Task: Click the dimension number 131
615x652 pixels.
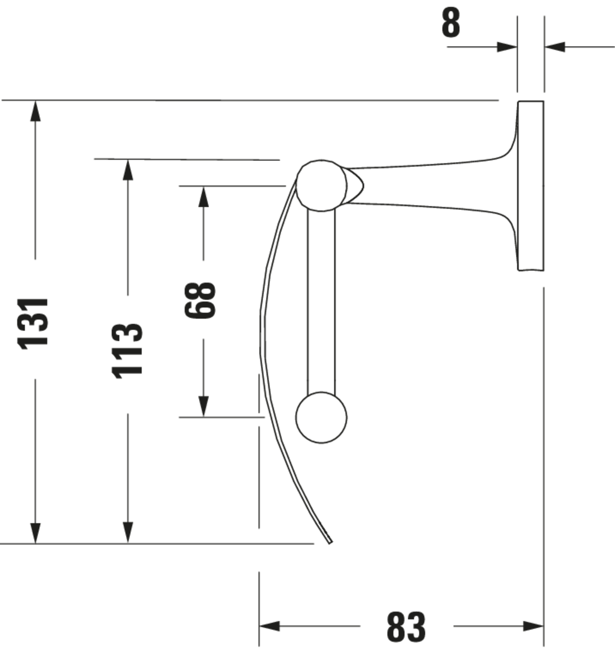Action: [33, 324]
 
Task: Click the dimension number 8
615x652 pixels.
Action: [451, 23]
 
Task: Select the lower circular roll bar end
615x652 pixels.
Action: [321, 417]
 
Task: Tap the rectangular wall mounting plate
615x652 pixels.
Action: [531, 186]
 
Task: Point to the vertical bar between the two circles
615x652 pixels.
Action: [321, 302]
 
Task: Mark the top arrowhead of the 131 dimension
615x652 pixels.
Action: [35, 111]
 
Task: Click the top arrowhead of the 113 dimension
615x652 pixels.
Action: [128, 170]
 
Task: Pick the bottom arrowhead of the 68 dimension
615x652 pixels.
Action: [203, 407]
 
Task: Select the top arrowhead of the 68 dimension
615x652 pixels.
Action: [203, 197]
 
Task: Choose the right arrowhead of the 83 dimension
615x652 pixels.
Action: [533, 626]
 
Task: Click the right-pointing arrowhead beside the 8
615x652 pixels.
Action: [507, 47]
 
